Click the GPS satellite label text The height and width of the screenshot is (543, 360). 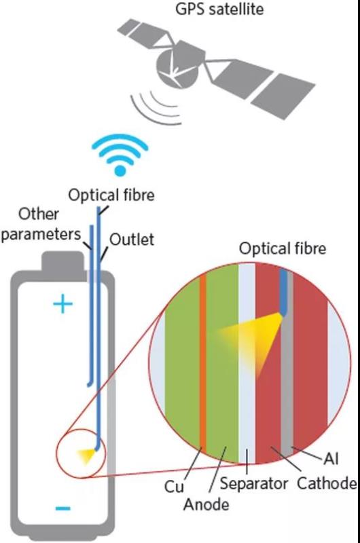(x=219, y=9)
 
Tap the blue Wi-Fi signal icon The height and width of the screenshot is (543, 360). (x=120, y=155)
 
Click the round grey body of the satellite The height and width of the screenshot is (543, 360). (x=176, y=69)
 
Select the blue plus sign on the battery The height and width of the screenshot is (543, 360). (x=62, y=304)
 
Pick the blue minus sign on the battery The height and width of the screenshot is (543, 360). (x=62, y=508)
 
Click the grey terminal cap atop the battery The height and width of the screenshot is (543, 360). (x=63, y=261)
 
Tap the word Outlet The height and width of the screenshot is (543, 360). (x=132, y=240)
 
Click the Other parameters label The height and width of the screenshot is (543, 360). (x=40, y=224)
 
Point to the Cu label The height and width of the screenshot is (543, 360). (x=174, y=487)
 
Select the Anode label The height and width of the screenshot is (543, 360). (x=206, y=504)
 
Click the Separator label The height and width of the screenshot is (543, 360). (x=253, y=483)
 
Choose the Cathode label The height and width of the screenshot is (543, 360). (x=327, y=483)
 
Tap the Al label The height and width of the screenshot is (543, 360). (x=331, y=460)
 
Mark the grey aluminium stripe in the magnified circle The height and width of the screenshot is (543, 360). (x=287, y=364)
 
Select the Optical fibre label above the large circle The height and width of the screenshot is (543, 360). (x=283, y=248)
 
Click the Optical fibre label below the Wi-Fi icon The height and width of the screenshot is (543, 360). (x=111, y=195)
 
